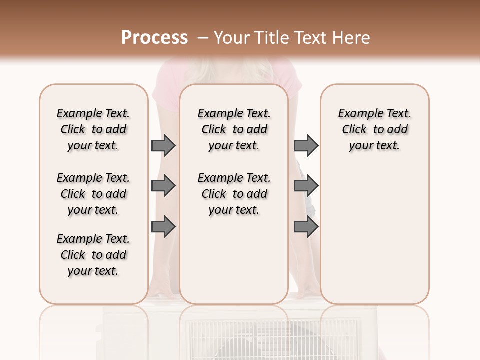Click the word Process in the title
[x=154, y=38]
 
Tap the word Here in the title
[x=351, y=38]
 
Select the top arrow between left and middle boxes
[x=163, y=145]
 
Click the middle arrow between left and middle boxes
[x=163, y=186]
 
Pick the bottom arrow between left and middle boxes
[x=163, y=227]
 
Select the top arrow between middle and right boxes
[x=306, y=145]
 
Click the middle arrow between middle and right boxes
[x=306, y=186]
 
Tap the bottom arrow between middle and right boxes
[x=306, y=227]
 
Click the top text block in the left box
[x=93, y=129]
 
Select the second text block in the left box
[x=93, y=194]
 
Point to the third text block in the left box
[x=93, y=255]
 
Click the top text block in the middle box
[x=234, y=129]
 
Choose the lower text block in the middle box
[x=234, y=194]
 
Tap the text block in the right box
[x=374, y=129]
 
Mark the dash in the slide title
[x=202, y=38]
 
